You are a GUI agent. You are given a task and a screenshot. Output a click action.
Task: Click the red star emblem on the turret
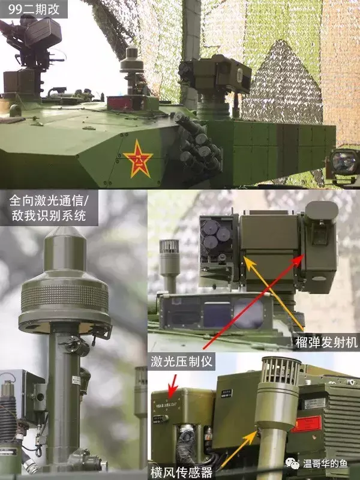pyautogui.click(x=138, y=158)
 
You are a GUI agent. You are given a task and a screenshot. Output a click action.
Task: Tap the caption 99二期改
pyautogui.click(x=34, y=10)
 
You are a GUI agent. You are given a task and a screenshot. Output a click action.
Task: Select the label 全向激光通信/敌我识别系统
pyautogui.click(x=49, y=208)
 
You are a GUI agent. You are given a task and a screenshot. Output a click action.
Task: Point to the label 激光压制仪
pyautogui.click(x=182, y=361)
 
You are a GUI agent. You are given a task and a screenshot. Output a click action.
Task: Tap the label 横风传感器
pyautogui.click(x=182, y=472)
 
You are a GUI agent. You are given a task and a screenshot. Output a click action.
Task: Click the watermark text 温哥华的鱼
pyautogui.click(x=325, y=463)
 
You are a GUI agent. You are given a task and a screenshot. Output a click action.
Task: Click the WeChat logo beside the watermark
pyautogui.click(x=292, y=463)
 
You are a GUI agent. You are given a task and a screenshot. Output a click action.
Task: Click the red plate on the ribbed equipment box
pyautogui.click(x=307, y=424)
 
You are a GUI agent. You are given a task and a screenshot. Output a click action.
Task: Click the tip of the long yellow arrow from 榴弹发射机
pyautogui.click(x=245, y=258)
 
